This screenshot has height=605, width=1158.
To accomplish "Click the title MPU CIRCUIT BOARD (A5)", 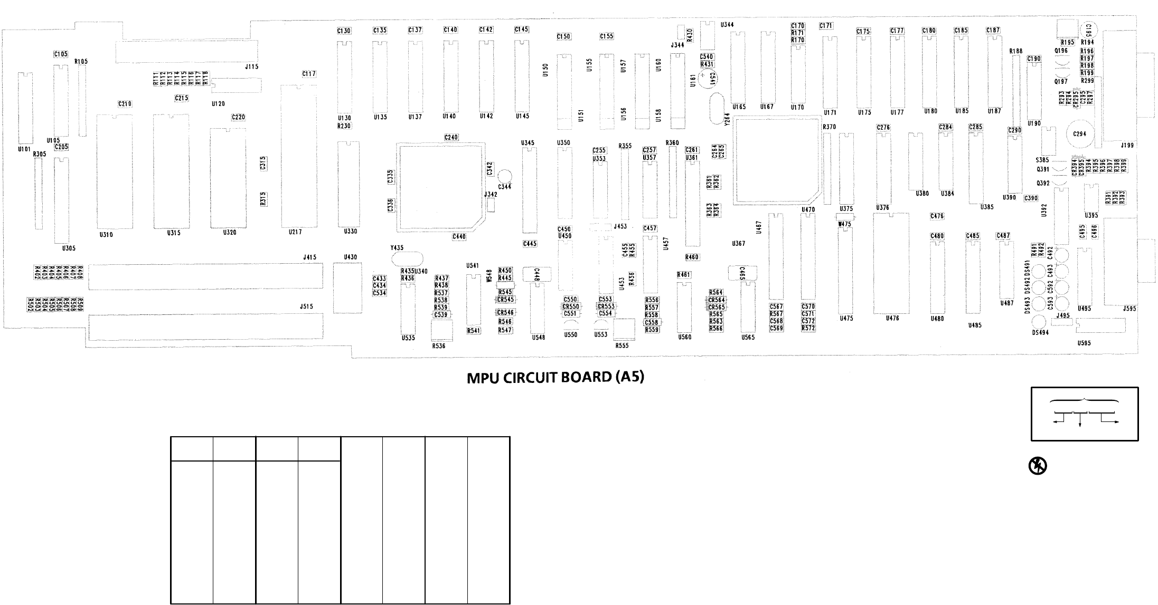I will (556, 378).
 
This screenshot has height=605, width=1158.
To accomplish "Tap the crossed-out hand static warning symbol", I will (1038, 466).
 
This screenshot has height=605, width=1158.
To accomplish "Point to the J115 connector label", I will (252, 66).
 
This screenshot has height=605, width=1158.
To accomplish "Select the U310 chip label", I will (106, 235).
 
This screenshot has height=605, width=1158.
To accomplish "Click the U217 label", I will (295, 232).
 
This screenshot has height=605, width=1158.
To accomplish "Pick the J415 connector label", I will (309, 257).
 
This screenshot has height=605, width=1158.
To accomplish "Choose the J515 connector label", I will (306, 306).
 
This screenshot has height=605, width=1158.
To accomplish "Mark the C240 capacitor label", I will (451, 137).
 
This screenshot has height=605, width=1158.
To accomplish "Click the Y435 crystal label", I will (397, 248).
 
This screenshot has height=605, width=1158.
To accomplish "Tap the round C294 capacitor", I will (1080, 134).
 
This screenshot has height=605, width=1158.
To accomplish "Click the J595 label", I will (1129, 309).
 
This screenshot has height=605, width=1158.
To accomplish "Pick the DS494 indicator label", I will (1040, 333).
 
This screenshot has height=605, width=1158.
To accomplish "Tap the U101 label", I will (25, 149).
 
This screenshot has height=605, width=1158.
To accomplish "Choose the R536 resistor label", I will (438, 346).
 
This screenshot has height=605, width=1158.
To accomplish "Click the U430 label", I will (350, 257).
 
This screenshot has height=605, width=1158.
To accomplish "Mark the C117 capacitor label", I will (309, 74).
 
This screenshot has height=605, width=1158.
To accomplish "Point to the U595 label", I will (1084, 343).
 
